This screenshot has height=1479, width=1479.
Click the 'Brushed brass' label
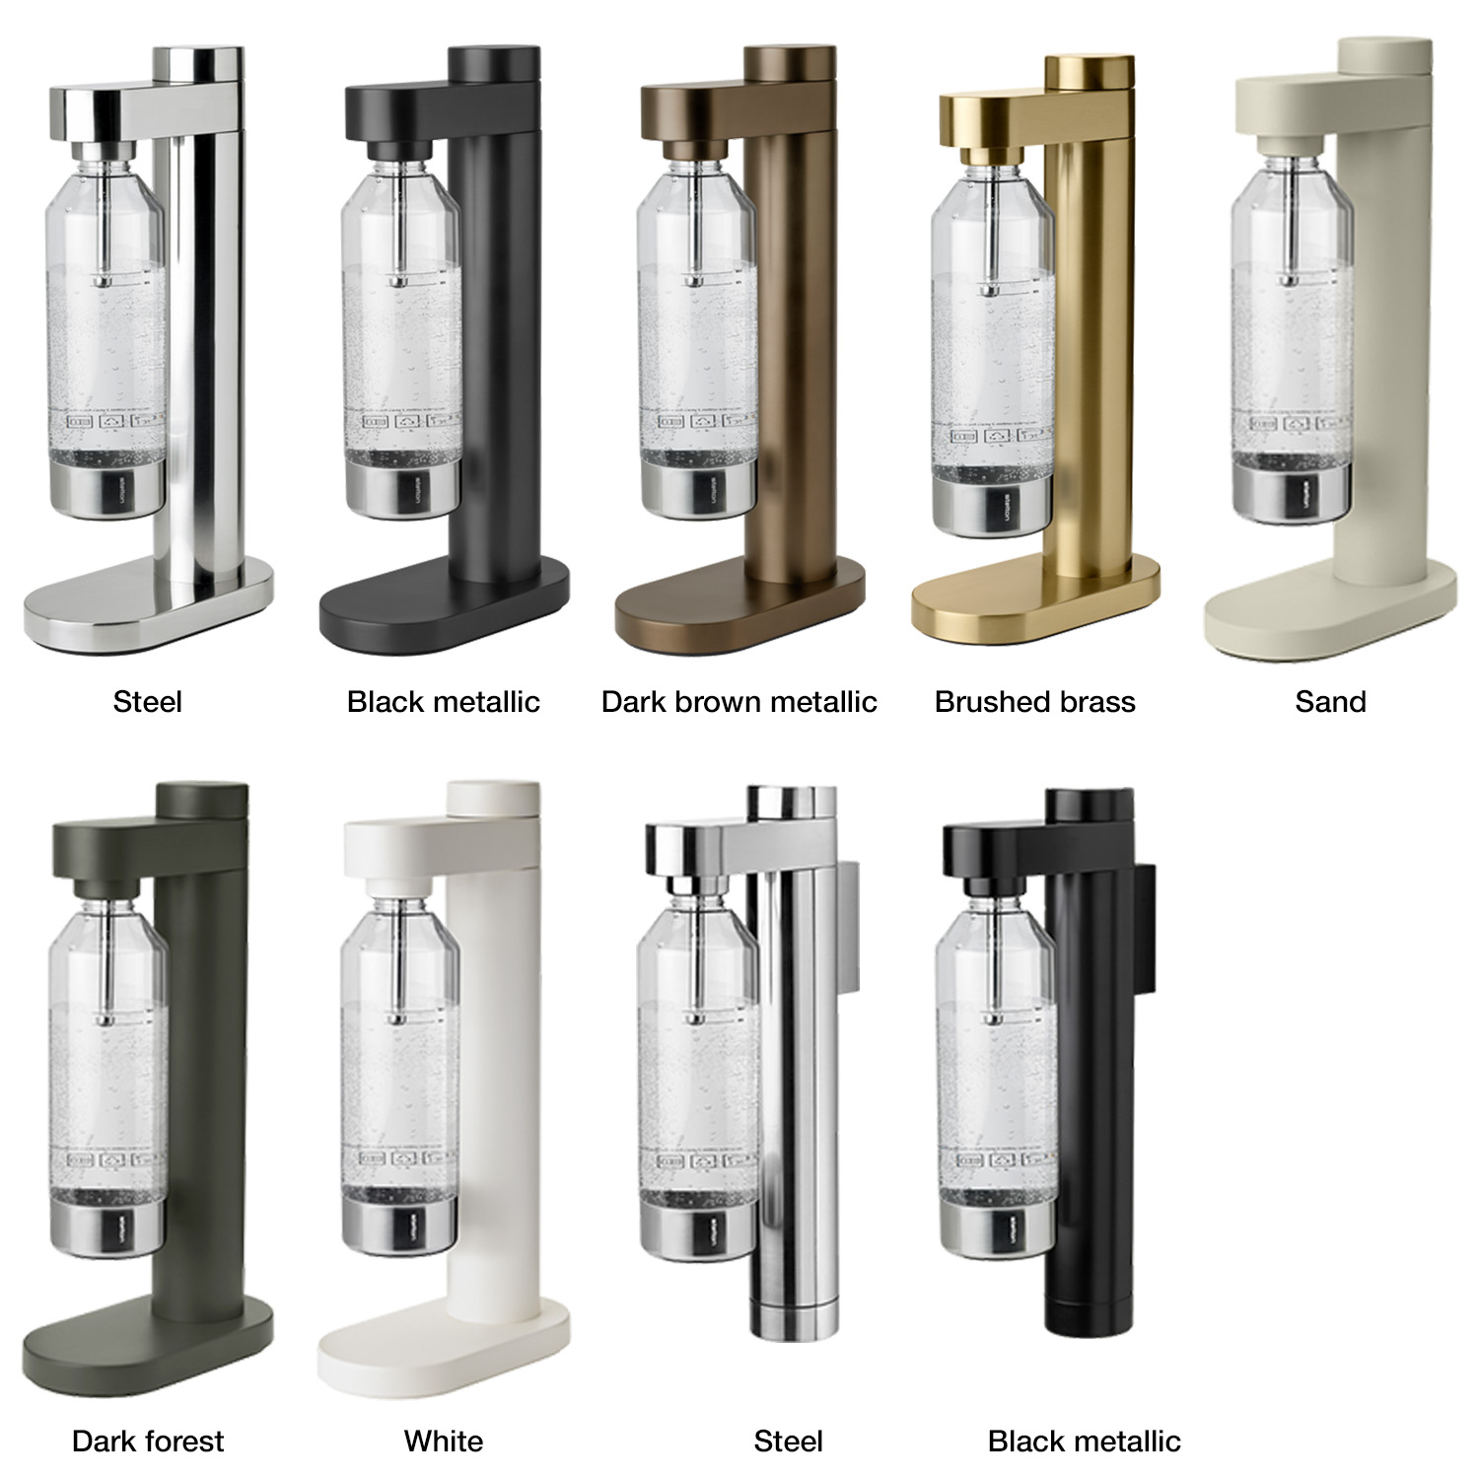(1034, 702)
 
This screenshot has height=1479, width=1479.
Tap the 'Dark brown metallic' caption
(739, 702)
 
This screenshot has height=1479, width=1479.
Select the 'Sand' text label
(1330, 702)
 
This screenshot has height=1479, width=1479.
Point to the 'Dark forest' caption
(148, 1442)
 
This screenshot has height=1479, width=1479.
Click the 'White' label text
(444, 1442)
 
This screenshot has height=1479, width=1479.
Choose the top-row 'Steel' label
(148, 702)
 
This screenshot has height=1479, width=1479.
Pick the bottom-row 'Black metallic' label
(1084, 1442)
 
